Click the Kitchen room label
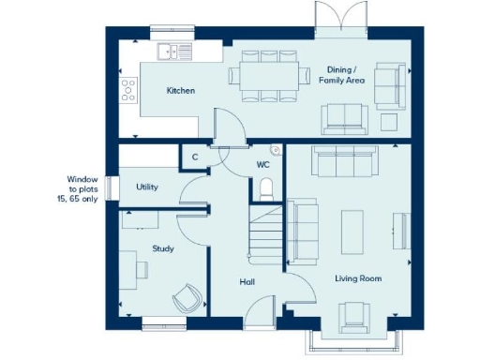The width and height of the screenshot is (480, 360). click(x=180, y=91)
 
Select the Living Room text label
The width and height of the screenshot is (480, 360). click(x=358, y=278)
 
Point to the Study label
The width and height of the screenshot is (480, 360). click(x=163, y=248)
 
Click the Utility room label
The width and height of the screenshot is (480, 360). click(x=147, y=187)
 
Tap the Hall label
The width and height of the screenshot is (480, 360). click(x=247, y=281)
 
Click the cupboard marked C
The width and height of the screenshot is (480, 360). click(x=195, y=157)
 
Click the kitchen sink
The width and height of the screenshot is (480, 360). click(x=174, y=51)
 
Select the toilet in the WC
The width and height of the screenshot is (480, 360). click(x=265, y=187)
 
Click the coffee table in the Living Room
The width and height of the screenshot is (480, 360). click(x=352, y=230)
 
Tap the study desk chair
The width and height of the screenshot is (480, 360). click(x=186, y=299)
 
